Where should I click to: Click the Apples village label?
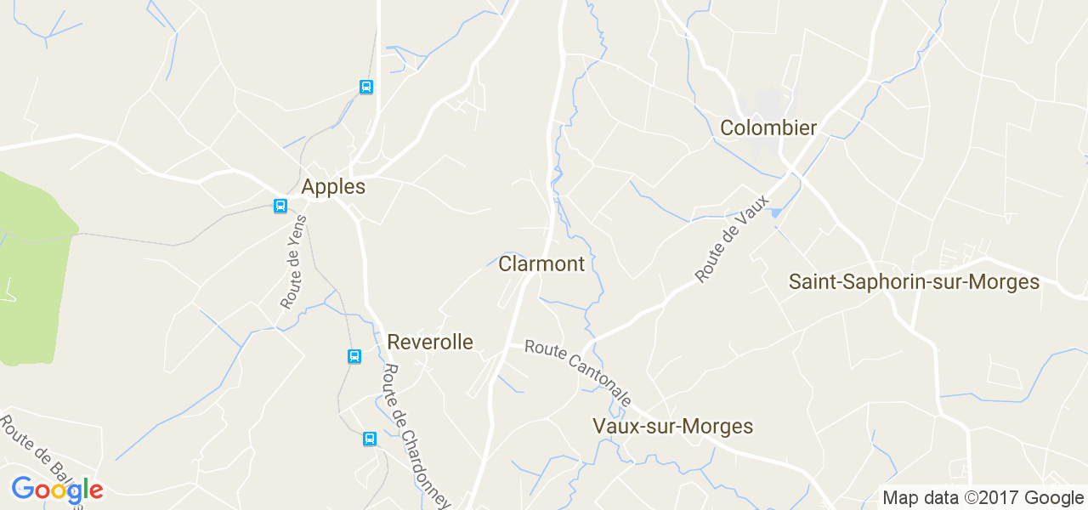[333, 187]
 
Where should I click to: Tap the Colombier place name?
[768, 128]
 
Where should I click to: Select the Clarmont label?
[541, 264]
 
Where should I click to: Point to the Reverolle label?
[429, 343]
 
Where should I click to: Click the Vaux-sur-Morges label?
[672, 427]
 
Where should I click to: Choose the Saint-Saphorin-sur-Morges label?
[914, 282]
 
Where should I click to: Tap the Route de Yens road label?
[294, 261]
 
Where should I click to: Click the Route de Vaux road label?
[731, 239]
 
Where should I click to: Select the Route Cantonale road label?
[578, 372]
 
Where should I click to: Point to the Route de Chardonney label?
[416, 436]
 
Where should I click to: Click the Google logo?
[57, 490]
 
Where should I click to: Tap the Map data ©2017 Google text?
[983, 498]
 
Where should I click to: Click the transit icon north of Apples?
[366, 87]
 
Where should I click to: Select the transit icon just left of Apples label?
[280, 206]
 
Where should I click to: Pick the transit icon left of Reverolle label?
[354, 356]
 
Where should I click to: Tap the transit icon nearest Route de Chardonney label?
[370, 439]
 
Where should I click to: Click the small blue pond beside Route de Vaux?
[774, 212]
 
